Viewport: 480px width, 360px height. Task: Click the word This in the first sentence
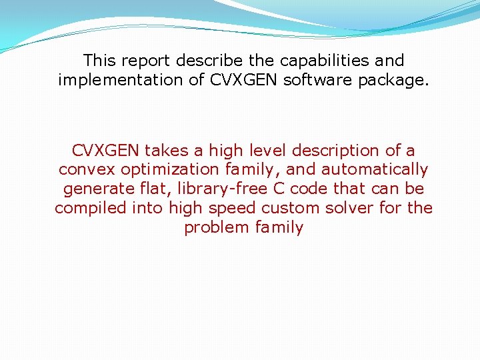100,61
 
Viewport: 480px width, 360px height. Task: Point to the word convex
87,170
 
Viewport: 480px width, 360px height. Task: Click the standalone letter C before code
279,189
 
